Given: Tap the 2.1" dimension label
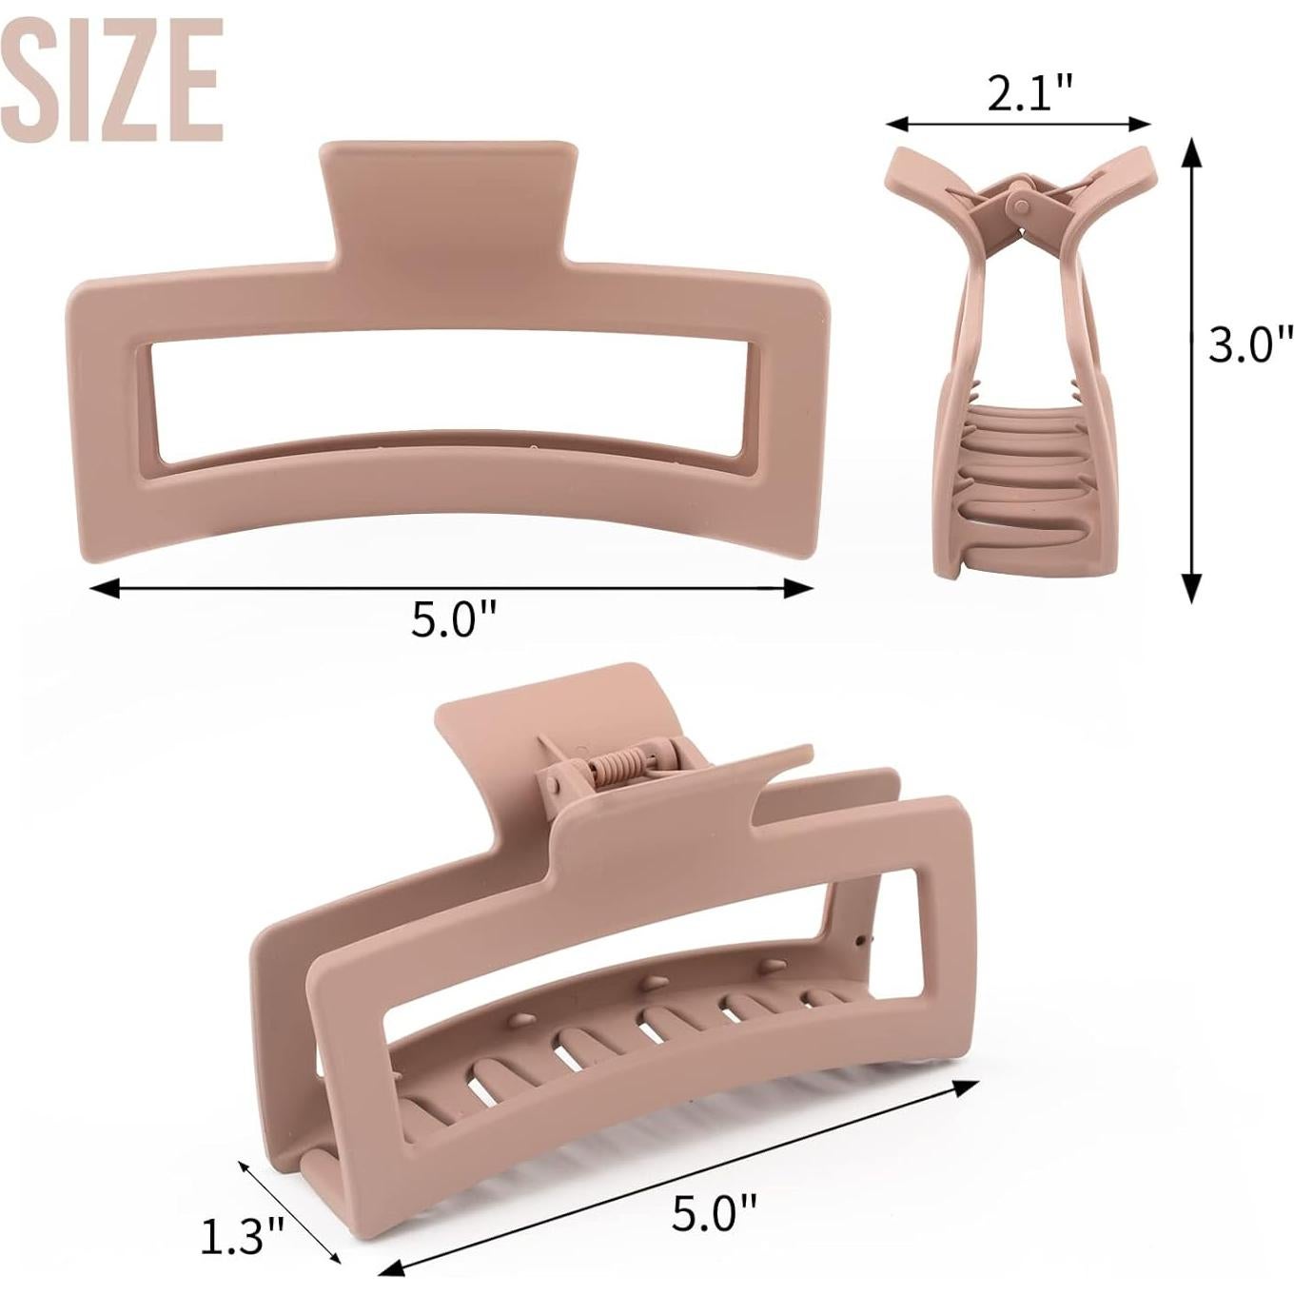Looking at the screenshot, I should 1029,94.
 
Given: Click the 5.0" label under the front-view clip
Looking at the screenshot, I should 455,620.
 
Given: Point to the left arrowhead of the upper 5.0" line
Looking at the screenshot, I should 99,588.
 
